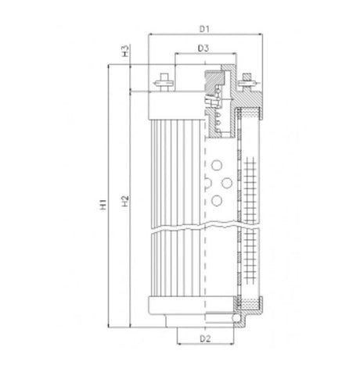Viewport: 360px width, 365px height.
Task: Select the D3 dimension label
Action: pos(203,49)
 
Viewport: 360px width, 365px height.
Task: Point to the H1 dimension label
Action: pos(103,206)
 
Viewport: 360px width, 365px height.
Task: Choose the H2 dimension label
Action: pos(124,206)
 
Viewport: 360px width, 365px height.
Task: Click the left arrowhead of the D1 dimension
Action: pos(150,35)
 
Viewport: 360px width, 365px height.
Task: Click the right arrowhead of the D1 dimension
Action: pos(257,35)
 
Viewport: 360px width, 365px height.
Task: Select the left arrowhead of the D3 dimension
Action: pos(176,55)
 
